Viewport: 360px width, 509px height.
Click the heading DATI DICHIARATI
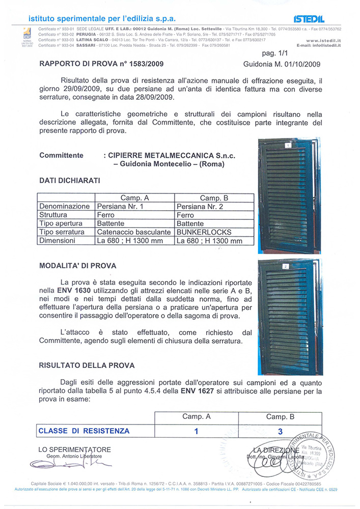[x=70, y=180]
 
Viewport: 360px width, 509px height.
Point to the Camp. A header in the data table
[x=135, y=198]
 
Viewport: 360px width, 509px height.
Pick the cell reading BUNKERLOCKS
[x=203, y=232]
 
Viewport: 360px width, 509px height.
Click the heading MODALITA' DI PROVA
[x=77, y=266]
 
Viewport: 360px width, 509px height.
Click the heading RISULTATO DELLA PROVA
[x=87, y=365]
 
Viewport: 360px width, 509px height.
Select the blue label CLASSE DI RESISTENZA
[x=84, y=431]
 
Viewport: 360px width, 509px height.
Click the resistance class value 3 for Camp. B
[x=279, y=431]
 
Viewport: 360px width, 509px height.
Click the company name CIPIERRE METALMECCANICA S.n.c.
[x=172, y=156]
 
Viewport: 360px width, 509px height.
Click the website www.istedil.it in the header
[x=323, y=40]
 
